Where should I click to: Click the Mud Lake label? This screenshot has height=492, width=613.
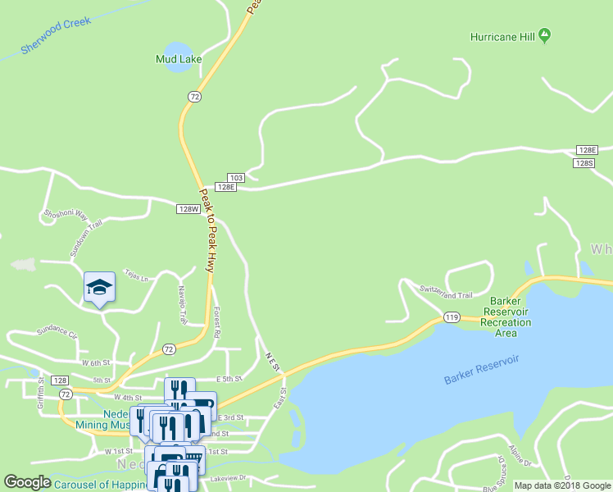pos(179,59)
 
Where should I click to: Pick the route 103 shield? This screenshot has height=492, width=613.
pos(236,177)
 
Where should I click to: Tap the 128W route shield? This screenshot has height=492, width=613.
pos(188,209)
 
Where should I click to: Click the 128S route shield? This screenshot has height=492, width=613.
pos(584,163)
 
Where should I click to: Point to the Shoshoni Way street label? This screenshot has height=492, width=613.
pos(66,215)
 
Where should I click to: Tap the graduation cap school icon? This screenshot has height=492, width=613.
pos(99,287)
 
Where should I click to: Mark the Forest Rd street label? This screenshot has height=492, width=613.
pos(217,322)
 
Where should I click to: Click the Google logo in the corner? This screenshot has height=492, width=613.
pos(27,482)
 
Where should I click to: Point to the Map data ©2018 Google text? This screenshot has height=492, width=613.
pos(562,485)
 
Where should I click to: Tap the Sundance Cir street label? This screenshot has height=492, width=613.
pos(57,334)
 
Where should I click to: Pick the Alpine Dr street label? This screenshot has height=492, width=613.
pos(521,455)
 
